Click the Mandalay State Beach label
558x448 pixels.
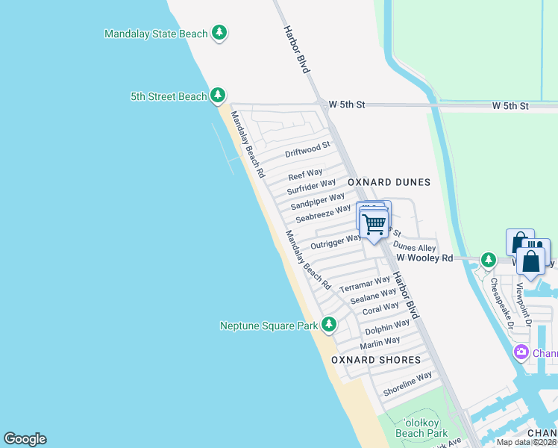(x=156, y=34)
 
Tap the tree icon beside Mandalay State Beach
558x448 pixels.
(x=219, y=33)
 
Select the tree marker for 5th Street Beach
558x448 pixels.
(x=217, y=96)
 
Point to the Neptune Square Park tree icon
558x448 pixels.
(x=329, y=325)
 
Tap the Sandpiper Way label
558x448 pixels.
(x=318, y=200)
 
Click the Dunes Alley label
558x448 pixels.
(x=414, y=247)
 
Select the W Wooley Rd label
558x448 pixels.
(x=424, y=258)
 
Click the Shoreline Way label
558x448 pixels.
(x=407, y=384)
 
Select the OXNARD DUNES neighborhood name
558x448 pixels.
(x=389, y=182)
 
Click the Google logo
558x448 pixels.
(x=25, y=439)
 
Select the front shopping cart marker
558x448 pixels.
(x=373, y=224)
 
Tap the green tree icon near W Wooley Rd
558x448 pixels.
(x=488, y=259)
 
